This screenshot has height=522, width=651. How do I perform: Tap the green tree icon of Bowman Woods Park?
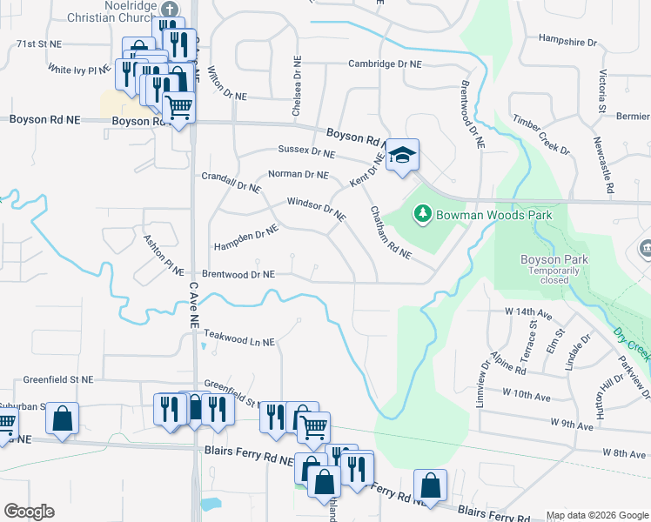pyautogui.click(x=422, y=212)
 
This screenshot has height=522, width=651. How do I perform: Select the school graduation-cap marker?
pyautogui.click(x=402, y=155)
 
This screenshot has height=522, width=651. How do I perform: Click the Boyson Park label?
pyautogui.click(x=554, y=259)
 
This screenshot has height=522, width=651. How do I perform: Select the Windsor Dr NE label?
pyautogui.click(x=317, y=209)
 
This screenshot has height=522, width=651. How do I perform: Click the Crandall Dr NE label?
pyautogui.click(x=231, y=182)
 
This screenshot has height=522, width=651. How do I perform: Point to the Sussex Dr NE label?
pyautogui.click(x=306, y=151)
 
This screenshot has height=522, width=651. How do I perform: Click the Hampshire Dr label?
pyautogui.click(x=567, y=40)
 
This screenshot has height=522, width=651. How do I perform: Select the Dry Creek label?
pyautogui.click(x=629, y=345)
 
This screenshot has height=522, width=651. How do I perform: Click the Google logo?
pyautogui.click(x=29, y=512)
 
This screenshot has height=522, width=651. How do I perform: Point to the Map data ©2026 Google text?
pyautogui.click(x=596, y=514)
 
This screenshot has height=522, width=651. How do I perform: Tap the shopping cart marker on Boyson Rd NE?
pyautogui.click(x=178, y=108)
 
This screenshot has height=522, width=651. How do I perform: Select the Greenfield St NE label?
pyautogui.click(x=57, y=380)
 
